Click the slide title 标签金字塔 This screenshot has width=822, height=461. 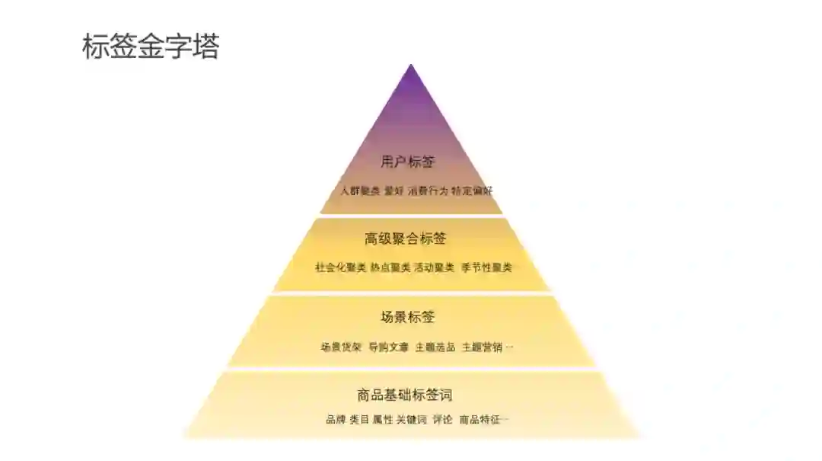(x=151, y=47)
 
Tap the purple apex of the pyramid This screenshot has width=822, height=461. (x=411, y=91)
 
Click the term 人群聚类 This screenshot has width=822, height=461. (x=360, y=190)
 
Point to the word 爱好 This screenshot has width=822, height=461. (x=393, y=190)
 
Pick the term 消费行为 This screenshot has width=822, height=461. (x=428, y=190)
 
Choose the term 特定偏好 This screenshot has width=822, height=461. (x=472, y=190)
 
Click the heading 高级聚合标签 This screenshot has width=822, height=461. (x=405, y=239)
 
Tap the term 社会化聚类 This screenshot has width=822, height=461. (x=340, y=267)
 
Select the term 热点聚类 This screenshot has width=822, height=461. (x=390, y=267)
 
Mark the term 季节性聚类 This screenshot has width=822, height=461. (x=486, y=267)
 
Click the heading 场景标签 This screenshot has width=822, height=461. (x=407, y=317)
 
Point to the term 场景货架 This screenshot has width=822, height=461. (x=340, y=347)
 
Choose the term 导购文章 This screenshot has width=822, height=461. (x=388, y=347)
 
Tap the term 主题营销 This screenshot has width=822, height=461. (x=482, y=347)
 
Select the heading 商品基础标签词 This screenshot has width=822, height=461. (x=404, y=395)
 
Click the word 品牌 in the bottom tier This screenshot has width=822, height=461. (x=336, y=419)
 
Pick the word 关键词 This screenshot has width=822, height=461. (x=411, y=419)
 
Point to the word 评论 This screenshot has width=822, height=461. (x=442, y=419)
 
